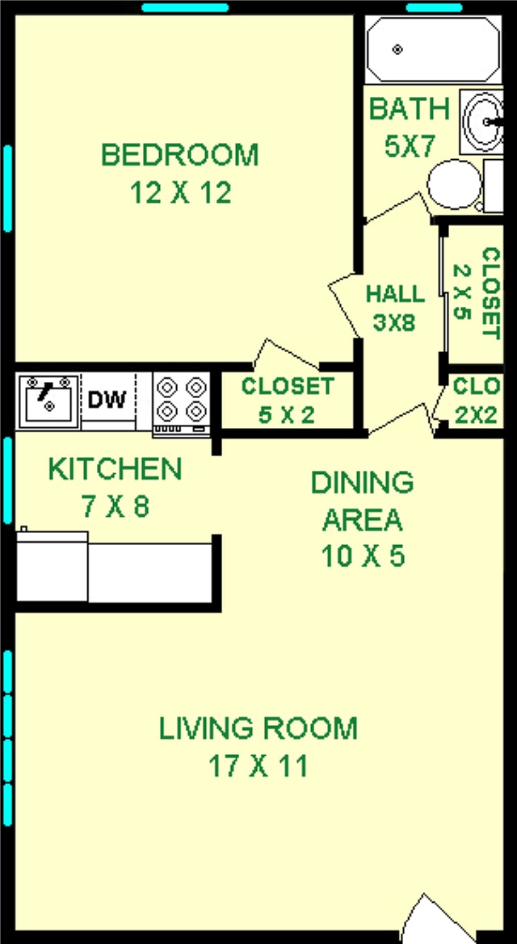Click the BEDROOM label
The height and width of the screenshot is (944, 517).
click(179, 154)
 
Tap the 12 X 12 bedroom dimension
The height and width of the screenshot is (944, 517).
click(179, 193)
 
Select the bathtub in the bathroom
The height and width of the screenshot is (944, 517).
click(433, 49)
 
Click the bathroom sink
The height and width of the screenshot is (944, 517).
click(483, 122)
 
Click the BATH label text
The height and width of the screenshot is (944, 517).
click(409, 109)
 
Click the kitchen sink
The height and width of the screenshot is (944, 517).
click(48, 401)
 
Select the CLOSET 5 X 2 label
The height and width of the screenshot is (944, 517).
click(287, 401)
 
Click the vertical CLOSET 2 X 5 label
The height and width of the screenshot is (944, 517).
click(477, 292)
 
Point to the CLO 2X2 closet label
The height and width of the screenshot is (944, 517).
click(477, 401)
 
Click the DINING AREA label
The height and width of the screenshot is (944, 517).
click(363, 501)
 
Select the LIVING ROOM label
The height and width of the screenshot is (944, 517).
click(258, 728)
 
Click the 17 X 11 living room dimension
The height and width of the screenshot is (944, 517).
click(256, 766)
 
